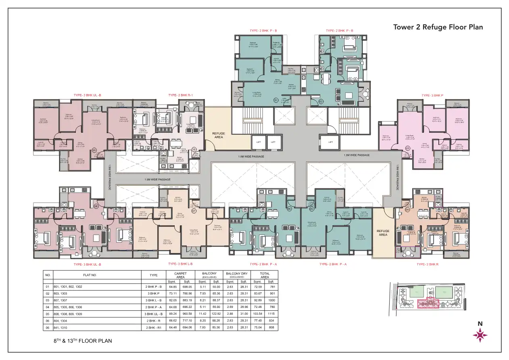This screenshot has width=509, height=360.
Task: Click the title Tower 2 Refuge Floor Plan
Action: (x=438, y=27)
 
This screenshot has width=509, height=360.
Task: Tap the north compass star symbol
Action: (x=480, y=335)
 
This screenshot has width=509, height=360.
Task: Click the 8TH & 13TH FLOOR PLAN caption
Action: (x=83, y=341)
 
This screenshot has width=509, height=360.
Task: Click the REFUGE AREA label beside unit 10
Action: (x=218, y=135)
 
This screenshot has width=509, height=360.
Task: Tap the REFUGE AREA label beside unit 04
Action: (x=383, y=233)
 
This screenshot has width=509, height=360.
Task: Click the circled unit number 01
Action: (x=276, y=100)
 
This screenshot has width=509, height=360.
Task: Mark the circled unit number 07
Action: (x=194, y=210)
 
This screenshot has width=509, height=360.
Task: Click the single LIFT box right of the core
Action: (x=331, y=142)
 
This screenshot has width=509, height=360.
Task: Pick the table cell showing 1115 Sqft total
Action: (x=271, y=314)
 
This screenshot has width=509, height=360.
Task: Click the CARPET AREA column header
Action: (x=180, y=275)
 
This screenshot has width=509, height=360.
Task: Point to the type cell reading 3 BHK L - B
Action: (x=154, y=300)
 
